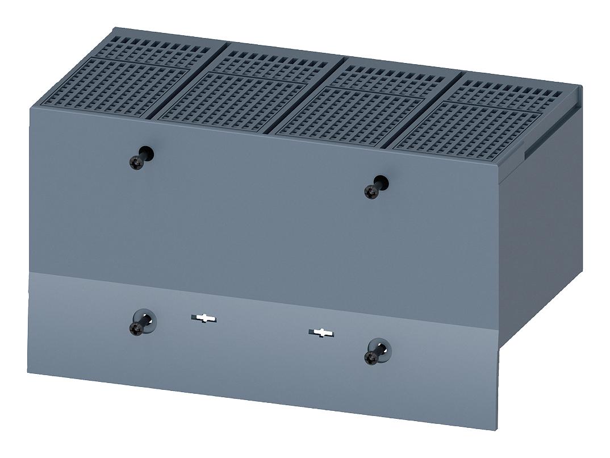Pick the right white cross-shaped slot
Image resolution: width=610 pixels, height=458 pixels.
tap(321, 332)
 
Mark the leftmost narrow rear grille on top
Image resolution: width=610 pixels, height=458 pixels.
tap(153, 51)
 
